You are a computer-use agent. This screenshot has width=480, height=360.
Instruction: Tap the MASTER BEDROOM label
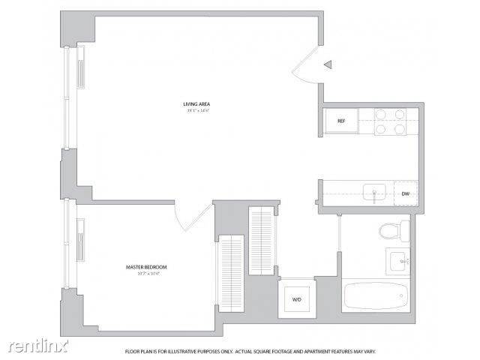(145, 267)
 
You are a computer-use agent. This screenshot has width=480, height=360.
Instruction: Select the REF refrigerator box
(340, 120)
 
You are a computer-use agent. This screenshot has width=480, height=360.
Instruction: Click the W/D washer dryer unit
(296, 299)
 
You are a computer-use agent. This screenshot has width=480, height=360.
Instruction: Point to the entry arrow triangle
(328, 65)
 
